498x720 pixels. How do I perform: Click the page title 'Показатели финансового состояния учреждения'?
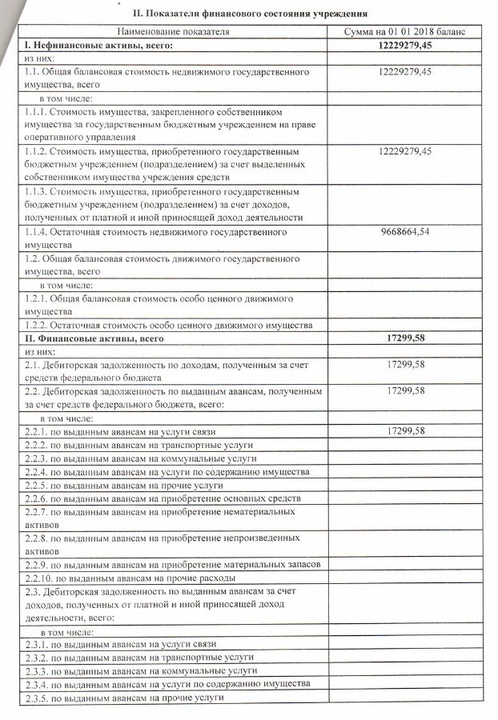point(250,14)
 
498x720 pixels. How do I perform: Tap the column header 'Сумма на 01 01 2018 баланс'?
point(404,30)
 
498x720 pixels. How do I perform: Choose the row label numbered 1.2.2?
point(167,325)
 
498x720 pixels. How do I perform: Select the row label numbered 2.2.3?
point(140,458)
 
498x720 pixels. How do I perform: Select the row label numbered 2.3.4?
point(167,685)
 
